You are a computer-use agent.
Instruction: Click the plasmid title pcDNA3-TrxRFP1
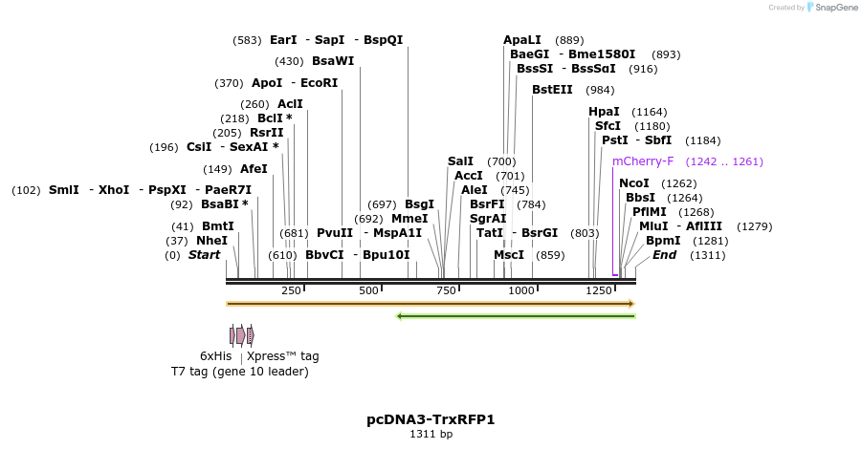pyautogui.click(x=431, y=419)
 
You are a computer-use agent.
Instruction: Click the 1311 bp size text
pyautogui.click(x=431, y=435)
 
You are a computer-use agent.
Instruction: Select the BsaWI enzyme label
pyautogui.click(x=333, y=61)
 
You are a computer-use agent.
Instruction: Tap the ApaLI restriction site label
pyautogui.click(x=521, y=40)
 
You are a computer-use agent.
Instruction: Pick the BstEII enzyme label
pyautogui.click(x=552, y=90)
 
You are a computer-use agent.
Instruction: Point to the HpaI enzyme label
pyautogui.click(x=604, y=112)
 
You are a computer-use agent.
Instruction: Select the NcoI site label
pyautogui.click(x=634, y=183)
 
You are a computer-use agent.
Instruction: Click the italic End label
pyautogui.click(x=664, y=255)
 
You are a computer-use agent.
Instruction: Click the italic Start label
pyautogui.click(x=204, y=255)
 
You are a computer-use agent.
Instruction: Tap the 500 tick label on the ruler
pyautogui.click(x=368, y=290)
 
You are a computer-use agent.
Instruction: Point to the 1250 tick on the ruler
pyautogui.click(x=598, y=290)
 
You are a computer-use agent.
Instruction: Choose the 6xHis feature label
pyautogui.click(x=215, y=356)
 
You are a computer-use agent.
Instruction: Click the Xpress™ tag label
pyautogui.click(x=282, y=356)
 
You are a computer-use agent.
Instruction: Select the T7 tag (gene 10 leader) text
pyautogui.click(x=239, y=371)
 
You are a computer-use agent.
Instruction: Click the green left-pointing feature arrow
pyautogui.click(x=516, y=315)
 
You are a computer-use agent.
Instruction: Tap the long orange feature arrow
pyautogui.click(x=431, y=304)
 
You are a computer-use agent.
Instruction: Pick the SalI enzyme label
pyautogui.click(x=461, y=161)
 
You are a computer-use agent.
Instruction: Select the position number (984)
pyautogui.click(x=600, y=90)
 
